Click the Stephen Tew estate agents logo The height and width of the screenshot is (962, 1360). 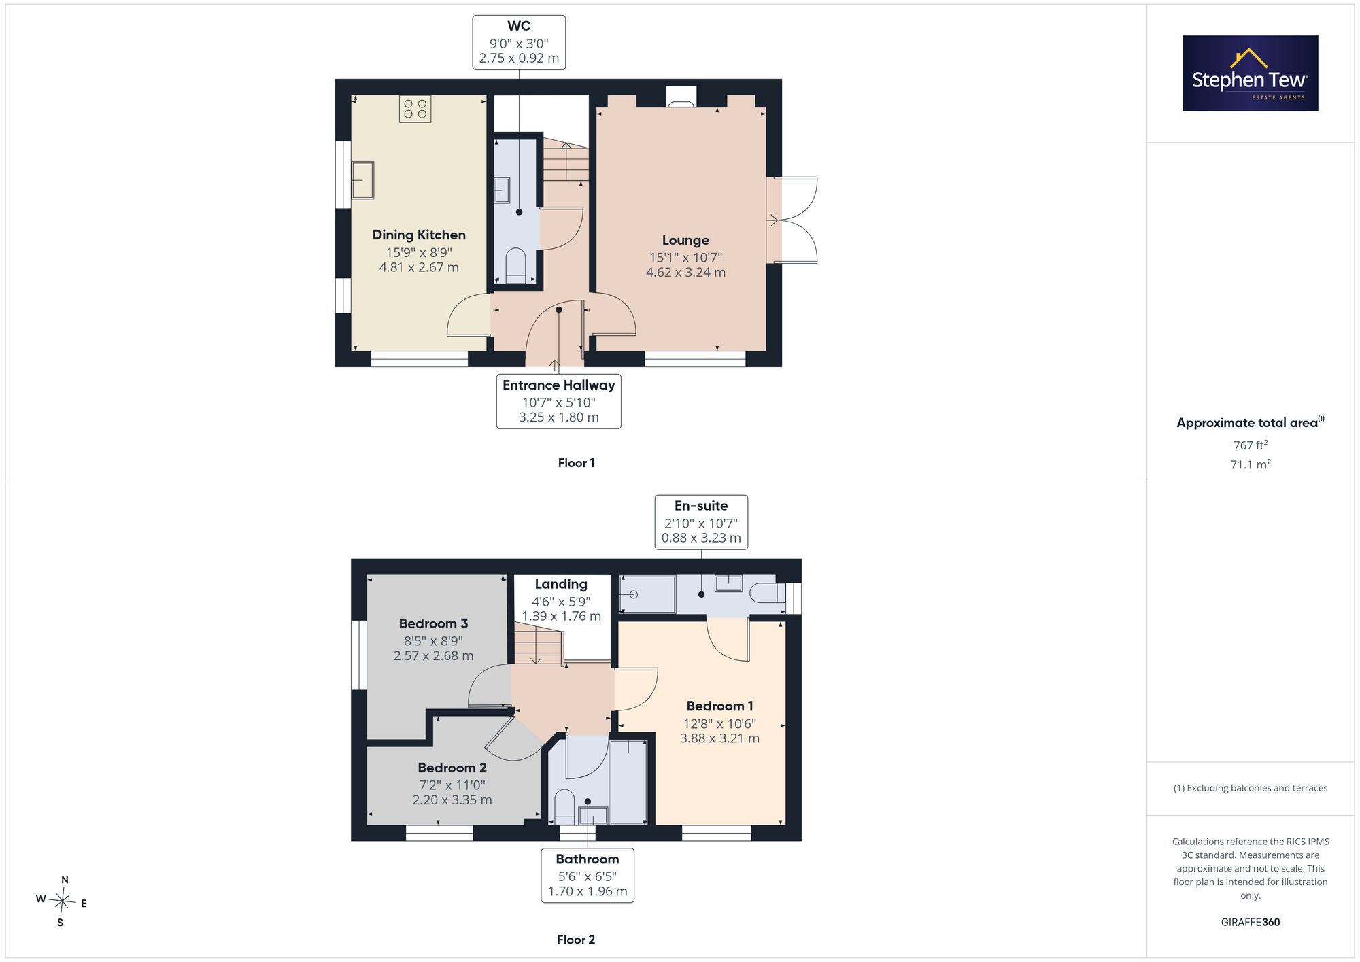1251,73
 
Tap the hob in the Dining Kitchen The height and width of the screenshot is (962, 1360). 415,109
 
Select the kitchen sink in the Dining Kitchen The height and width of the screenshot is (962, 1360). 362,180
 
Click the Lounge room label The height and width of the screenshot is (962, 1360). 685,240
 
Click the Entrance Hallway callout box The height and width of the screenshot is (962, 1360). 559,401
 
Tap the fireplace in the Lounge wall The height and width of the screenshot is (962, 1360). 681,97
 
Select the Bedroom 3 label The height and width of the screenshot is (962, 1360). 433,623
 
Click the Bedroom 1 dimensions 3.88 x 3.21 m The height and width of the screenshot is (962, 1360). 719,738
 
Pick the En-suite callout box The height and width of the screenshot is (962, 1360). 701,522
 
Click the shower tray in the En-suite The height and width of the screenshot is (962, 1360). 647,595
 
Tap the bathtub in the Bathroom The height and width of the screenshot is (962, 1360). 628,782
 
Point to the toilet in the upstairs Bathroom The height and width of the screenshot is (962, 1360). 564,806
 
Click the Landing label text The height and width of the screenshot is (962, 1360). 561,584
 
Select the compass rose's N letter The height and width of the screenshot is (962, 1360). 65,880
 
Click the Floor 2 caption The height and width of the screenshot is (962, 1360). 576,940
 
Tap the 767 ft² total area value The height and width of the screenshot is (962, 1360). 1251,445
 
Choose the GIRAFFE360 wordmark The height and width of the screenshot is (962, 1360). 1251,923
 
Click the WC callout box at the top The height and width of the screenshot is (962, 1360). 519,42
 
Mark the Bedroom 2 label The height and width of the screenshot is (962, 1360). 452,768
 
